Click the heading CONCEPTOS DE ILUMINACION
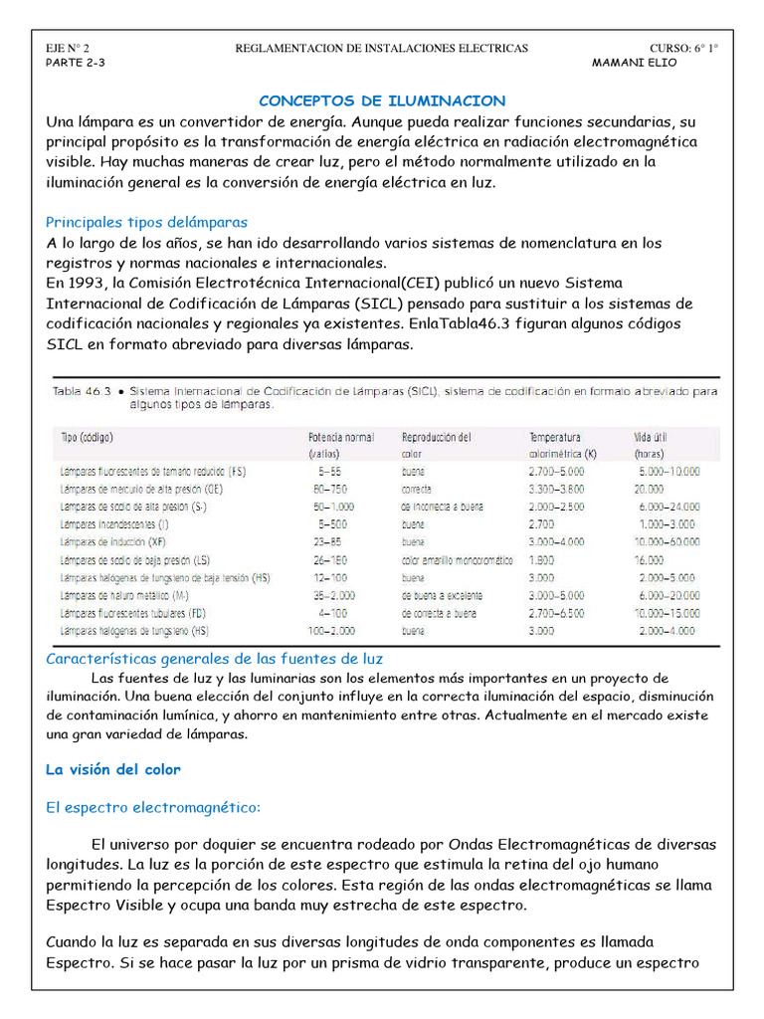coord(382,102)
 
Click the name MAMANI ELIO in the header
coord(634,62)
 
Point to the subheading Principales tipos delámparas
coord(147,222)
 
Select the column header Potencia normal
coord(341,437)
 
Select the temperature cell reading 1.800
coord(544,560)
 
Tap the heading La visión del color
coord(113,769)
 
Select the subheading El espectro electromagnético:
coord(153,807)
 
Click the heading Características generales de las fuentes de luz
coord(215,659)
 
